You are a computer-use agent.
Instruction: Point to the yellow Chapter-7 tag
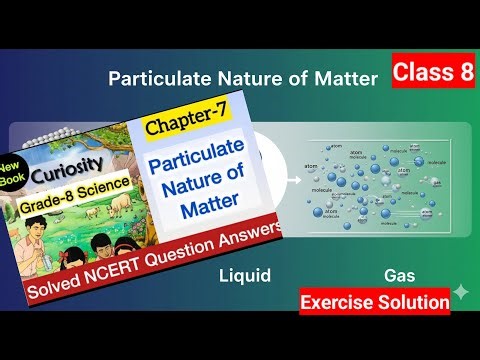(178, 128)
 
